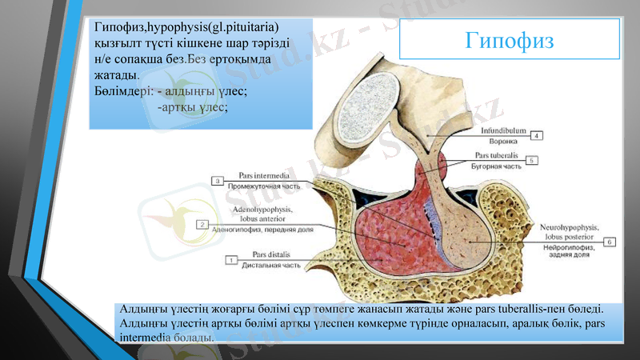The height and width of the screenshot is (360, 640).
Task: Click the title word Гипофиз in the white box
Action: click(510, 40)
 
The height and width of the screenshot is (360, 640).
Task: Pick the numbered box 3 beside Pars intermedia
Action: click(218, 181)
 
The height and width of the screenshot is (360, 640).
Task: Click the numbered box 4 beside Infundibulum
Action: click(538, 135)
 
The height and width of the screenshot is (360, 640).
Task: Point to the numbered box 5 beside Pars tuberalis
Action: click(532, 160)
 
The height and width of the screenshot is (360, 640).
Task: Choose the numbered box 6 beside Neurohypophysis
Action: click(609, 242)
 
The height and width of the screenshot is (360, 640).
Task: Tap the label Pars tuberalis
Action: click(497, 154)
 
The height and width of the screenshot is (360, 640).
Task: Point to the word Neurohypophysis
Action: click(570, 227)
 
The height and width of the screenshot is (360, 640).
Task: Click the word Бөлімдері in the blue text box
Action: click(121, 91)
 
